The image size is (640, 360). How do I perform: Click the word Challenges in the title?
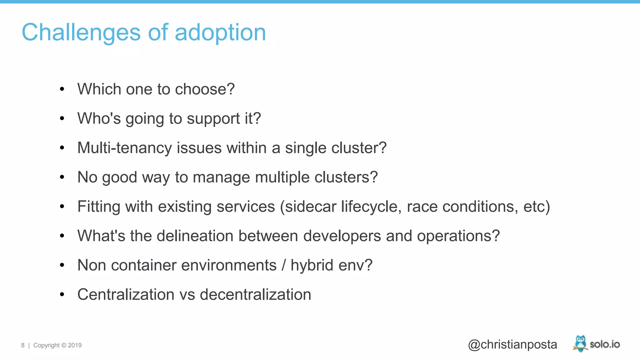pyautogui.click(x=81, y=32)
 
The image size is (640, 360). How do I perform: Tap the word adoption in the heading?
pyautogui.click(x=220, y=32)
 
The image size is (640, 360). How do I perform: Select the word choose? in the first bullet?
pyautogui.click(x=205, y=89)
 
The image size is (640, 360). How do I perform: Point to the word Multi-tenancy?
pyautogui.click(x=124, y=148)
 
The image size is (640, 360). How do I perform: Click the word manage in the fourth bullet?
pyautogui.click(x=221, y=177)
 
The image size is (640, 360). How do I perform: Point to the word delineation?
pyautogui.click(x=195, y=236)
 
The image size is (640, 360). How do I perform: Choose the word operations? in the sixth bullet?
pyautogui.click(x=458, y=236)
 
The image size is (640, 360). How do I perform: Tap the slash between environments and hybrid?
pyautogui.click(x=284, y=265)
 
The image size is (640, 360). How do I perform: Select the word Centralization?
pyautogui.click(x=126, y=295)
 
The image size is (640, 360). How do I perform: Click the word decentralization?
pyautogui.click(x=255, y=295)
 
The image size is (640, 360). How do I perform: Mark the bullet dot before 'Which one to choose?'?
pyautogui.click(x=62, y=89)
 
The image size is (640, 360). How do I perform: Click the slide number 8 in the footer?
pyautogui.click(x=23, y=345)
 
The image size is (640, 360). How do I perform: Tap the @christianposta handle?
pyautogui.click(x=512, y=344)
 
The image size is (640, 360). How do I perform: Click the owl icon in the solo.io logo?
pyautogui.click(x=580, y=343)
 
